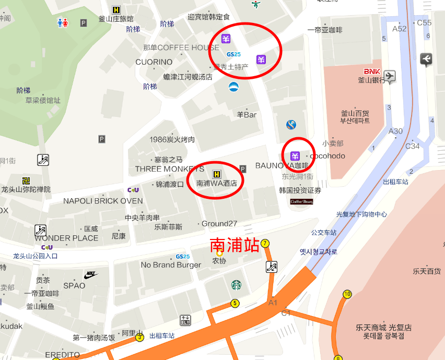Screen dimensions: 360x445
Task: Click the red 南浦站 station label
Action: (x=235, y=245)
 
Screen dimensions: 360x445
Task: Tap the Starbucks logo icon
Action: (x=236, y=285)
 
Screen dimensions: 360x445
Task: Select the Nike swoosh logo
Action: (x=90, y=274)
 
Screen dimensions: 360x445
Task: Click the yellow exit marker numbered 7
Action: (x=265, y=244)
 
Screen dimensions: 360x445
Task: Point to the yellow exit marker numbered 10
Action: (x=347, y=294)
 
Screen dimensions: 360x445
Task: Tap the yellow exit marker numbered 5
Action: (x=235, y=303)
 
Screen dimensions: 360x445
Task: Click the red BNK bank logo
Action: (x=372, y=71)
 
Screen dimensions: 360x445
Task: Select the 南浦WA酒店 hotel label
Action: (x=216, y=183)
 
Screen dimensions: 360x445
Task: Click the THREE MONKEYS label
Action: (x=170, y=169)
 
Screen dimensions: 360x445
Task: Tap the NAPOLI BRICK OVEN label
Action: (x=103, y=201)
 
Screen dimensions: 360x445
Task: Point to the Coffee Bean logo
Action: (x=301, y=201)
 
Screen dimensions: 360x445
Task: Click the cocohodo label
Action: (x=327, y=156)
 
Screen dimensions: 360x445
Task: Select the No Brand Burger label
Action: (x=171, y=265)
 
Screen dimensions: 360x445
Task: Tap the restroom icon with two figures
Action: (x=63, y=23)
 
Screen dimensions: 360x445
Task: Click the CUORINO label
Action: (x=154, y=62)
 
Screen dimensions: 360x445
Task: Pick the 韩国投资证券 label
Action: (x=300, y=190)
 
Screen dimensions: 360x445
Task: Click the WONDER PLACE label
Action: (x=66, y=238)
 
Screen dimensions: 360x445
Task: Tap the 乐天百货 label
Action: (x=427, y=271)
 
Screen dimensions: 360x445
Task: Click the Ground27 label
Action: (x=219, y=224)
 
